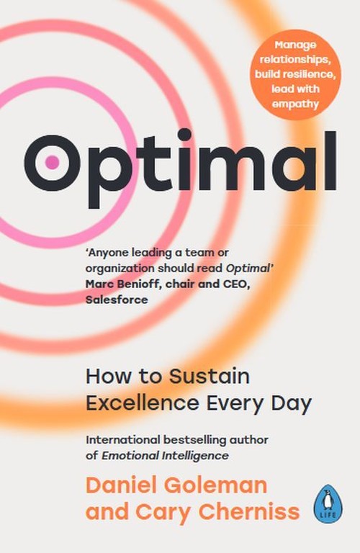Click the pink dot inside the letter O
click(52, 163)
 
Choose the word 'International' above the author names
click(122, 439)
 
